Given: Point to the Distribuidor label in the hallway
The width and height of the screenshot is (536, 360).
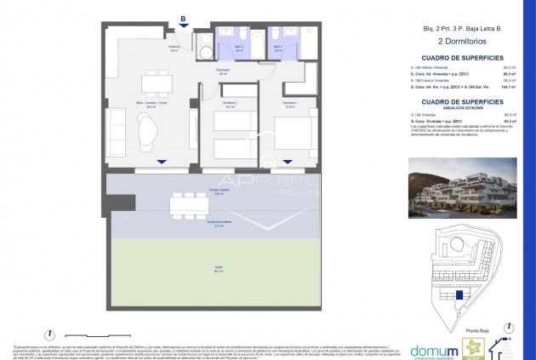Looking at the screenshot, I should tap(223, 71).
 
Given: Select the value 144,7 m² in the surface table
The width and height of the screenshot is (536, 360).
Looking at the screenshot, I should tap(509, 87).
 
